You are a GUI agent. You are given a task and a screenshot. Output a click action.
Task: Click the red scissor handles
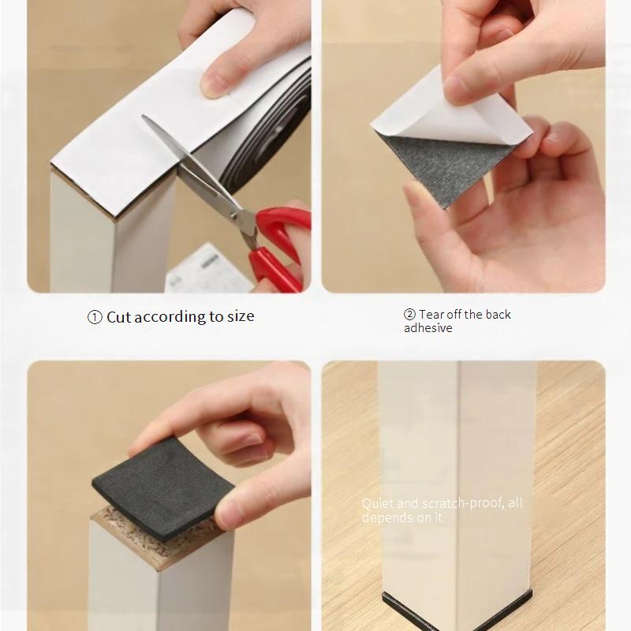coord(278,245)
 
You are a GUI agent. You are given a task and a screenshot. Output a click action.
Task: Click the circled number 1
coord(95,318)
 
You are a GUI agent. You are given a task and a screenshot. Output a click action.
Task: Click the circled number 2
coord(409,314)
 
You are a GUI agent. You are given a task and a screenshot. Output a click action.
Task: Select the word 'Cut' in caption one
coord(119,317)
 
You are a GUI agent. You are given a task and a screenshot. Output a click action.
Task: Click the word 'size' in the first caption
coord(241,316)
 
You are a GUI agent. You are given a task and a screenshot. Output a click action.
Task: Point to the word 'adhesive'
coord(428,328)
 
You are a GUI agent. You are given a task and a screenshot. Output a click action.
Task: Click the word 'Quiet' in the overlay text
coord(378,503)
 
